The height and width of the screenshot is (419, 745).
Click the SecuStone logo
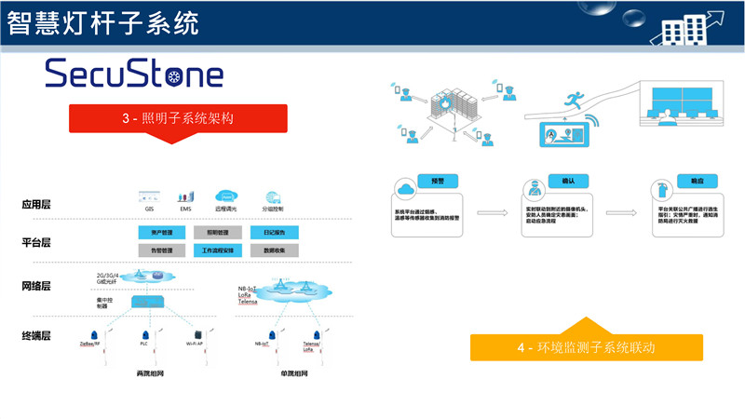pyautogui.click(x=134, y=74)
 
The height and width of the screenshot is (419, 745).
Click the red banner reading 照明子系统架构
pyautogui.click(x=177, y=119)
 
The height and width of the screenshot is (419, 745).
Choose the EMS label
pyautogui.click(x=185, y=210)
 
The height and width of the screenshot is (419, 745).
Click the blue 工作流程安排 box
pyautogui.click(x=218, y=250)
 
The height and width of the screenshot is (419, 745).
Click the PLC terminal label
pyautogui.click(x=144, y=345)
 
